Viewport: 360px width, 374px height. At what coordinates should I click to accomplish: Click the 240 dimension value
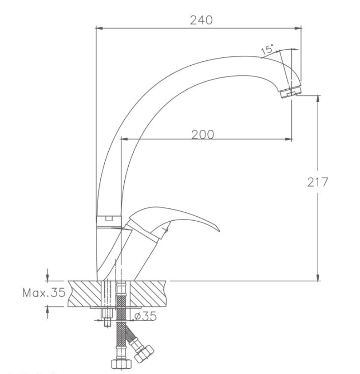(x=201, y=20)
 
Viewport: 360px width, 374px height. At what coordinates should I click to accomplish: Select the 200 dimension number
(x=203, y=135)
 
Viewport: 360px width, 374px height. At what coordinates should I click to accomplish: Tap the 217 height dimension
(x=317, y=182)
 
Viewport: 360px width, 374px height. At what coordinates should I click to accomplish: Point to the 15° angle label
(x=268, y=49)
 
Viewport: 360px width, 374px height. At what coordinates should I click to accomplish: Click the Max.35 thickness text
(x=44, y=292)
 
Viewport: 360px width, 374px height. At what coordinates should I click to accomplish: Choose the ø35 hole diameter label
(x=146, y=316)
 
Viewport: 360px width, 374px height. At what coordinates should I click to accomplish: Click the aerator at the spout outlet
(x=291, y=92)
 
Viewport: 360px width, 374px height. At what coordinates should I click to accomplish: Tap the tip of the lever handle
(x=219, y=231)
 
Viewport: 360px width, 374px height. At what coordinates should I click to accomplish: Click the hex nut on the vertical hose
(x=121, y=364)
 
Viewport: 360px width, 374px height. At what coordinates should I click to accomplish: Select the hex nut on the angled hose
(x=144, y=354)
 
